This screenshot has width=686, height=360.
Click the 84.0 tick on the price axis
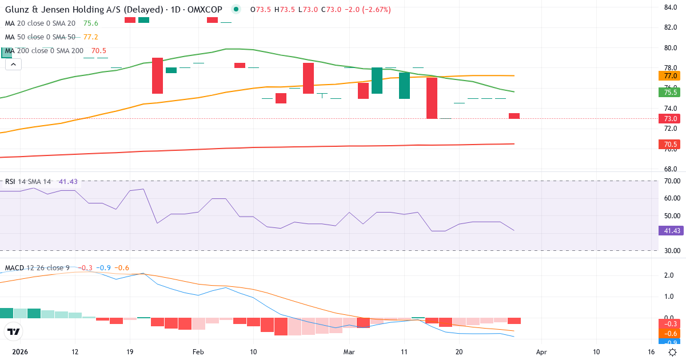(x=671, y=7)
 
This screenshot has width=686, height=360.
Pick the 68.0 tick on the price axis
(x=671, y=169)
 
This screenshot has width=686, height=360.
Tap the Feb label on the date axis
(x=198, y=351)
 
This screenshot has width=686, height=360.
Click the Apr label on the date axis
(x=542, y=351)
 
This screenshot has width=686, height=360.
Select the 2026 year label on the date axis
(x=20, y=351)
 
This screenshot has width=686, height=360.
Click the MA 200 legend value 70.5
(x=99, y=51)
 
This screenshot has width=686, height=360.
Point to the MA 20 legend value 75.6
(x=91, y=23)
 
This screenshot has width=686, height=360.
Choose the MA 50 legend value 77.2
(x=91, y=37)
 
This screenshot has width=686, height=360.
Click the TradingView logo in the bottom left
(x=14, y=331)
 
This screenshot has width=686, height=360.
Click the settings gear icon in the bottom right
(x=673, y=351)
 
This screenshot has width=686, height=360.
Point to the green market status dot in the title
(x=236, y=10)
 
